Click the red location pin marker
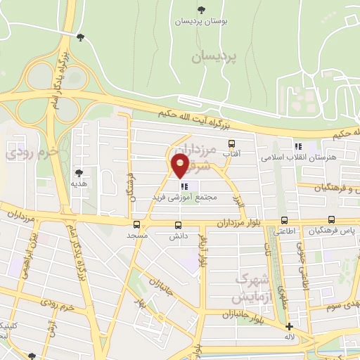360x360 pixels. pos(180,165)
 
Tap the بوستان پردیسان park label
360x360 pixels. pos(201,20)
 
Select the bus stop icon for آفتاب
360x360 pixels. pos(241,145)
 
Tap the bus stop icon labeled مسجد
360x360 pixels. pos(136,225)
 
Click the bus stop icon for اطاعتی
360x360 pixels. pos(283,219)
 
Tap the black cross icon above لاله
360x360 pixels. pos(289,326)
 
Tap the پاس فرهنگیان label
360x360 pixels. pos(335,230)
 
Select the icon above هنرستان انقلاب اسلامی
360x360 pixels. pos(298,146)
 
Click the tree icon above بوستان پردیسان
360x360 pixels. pos(201,9)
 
